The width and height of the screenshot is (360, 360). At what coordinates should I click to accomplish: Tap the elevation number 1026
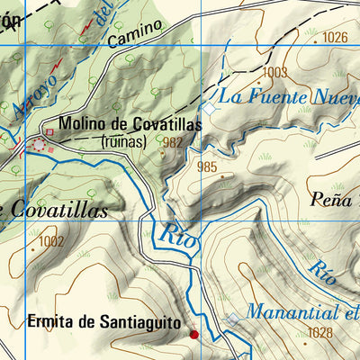click(x=333, y=37)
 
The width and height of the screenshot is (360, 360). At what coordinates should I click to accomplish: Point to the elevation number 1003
click(x=275, y=72)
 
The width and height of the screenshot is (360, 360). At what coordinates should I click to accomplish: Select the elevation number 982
click(x=175, y=141)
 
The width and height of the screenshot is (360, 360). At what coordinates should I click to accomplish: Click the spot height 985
click(x=207, y=166)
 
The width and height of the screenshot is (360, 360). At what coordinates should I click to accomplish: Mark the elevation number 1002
click(x=52, y=241)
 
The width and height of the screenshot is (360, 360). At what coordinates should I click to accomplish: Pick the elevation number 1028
click(x=319, y=333)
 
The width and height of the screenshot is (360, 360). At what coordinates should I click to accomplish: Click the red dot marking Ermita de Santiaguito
click(x=193, y=335)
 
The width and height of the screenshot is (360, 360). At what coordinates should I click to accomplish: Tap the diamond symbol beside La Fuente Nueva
click(x=209, y=107)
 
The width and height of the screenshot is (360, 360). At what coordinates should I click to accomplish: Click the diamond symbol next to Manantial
click(x=233, y=319)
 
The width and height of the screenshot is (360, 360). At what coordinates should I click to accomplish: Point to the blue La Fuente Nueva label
click(x=288, y=96)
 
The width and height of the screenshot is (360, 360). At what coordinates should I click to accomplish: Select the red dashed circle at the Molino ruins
click(x=39, y=144)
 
